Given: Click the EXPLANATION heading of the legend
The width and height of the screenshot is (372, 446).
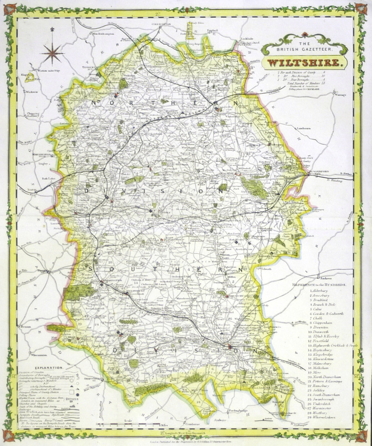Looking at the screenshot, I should pos(49,367).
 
